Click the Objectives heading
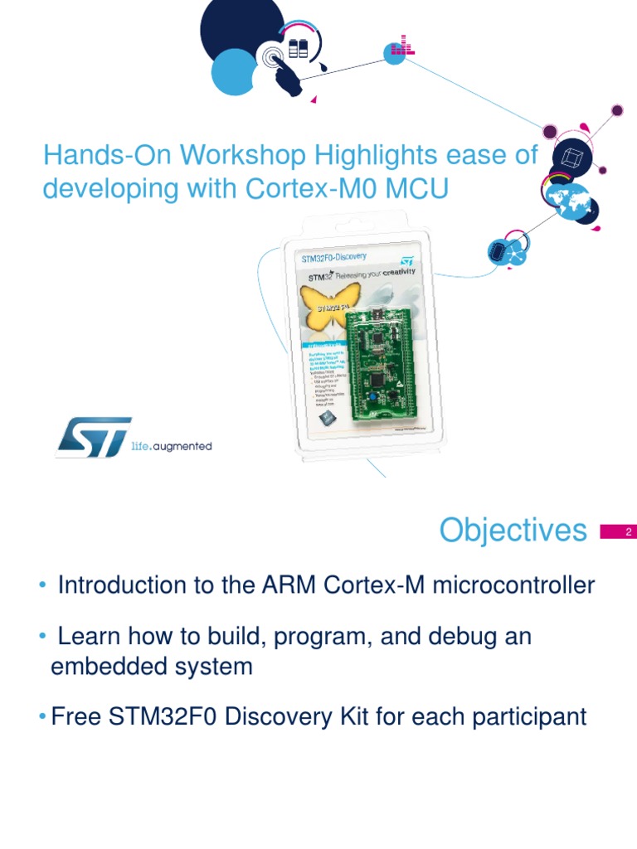click(x=513, y=530)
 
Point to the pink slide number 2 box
click(x=615, y=532)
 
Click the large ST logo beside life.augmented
click(x=93, y=437)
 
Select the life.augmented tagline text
click(x=172, y=446)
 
